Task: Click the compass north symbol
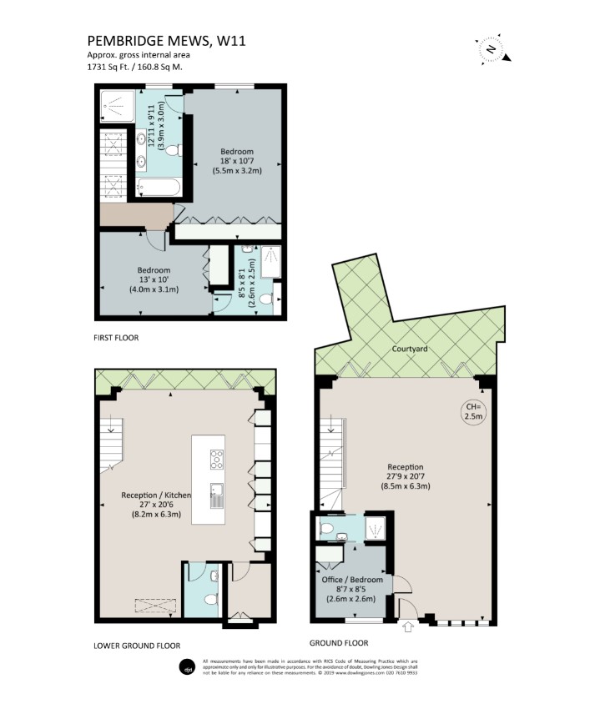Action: [x=492, y=49]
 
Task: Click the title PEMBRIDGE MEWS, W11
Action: [x=166, y=40]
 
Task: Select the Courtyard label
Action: [x=409, y=349]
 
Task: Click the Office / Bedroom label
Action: [x=352, y=580]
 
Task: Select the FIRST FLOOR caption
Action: [x=116, y=338]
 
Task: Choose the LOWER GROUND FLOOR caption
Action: [x=138, y=645]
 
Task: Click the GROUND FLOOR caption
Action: [x=338, y=643]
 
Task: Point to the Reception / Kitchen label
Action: [x=157, y=495]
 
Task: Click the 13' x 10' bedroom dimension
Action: [x=154, y=280]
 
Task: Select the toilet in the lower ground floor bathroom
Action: [x=210, y=600]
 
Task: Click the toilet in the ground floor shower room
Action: [x=329, y=528]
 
